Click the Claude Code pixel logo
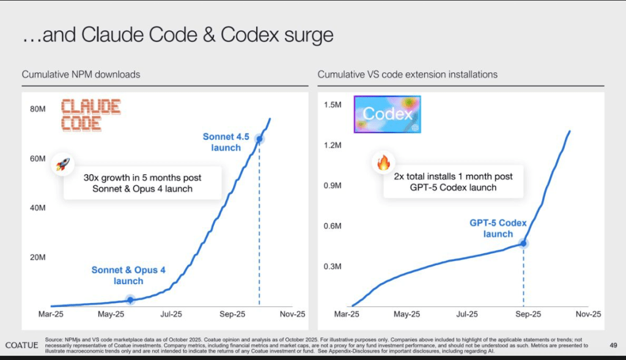[x=91, y=115]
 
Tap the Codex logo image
[x=388, y=114]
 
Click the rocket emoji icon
[x=63, y=164]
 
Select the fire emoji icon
[x=383, y=163]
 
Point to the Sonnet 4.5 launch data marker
[x=259, y=139]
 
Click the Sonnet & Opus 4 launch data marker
[x=130, y=299]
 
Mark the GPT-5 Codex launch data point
[x=524, y=243]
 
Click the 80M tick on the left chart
[x=38, y=109]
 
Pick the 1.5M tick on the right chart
[x=332, y=105]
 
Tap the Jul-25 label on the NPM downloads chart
[x=171, y=314]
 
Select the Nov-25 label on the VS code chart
[x=589, y=314]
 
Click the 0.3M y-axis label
[x=332, y=266]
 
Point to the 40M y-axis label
[x=38, y=208]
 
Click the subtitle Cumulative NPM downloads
[x=81, y=75]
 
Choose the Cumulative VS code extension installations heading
[x=407, y=75]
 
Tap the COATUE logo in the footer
[x=22, y=345]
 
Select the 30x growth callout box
[x=142, y=183]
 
